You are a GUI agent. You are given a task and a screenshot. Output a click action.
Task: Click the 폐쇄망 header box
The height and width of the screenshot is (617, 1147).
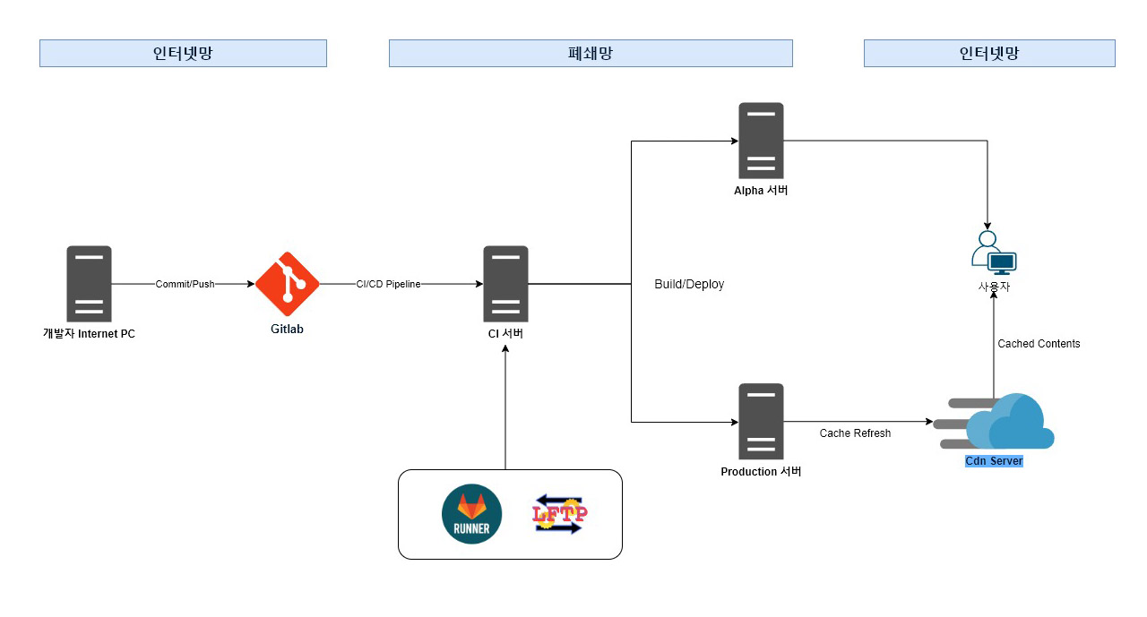591,53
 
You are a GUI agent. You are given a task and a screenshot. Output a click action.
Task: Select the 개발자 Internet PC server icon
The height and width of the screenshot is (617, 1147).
89,284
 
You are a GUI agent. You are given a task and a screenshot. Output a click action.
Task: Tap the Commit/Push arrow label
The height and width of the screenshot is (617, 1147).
185,284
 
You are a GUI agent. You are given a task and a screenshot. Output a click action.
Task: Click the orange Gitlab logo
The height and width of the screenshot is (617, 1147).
287,284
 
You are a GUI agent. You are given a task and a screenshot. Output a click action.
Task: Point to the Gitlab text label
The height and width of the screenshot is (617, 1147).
287,330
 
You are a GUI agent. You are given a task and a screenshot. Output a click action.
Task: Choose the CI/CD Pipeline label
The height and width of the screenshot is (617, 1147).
388,284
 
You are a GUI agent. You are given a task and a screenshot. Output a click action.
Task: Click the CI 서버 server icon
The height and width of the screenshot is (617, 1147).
505,284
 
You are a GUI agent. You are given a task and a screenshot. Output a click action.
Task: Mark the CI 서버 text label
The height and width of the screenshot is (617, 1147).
505,334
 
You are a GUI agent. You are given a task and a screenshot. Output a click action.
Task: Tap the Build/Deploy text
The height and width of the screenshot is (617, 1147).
688,284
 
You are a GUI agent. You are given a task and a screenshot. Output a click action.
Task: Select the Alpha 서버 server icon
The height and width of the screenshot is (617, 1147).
761,141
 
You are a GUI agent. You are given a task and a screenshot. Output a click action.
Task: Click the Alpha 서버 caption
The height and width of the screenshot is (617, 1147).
761,191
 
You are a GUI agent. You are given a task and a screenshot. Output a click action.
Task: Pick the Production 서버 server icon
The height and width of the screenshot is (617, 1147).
761,422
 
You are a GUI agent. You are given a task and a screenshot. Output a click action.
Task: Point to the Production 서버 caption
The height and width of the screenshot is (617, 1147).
761,472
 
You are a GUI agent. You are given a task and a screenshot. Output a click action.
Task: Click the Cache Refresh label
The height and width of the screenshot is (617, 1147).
855,433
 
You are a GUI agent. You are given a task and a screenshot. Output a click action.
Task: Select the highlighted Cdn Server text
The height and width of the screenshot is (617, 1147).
994,461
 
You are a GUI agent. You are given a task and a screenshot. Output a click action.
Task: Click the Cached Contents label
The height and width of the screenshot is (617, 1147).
1039,344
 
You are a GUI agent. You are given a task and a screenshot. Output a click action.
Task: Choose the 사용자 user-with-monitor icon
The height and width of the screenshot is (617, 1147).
993,253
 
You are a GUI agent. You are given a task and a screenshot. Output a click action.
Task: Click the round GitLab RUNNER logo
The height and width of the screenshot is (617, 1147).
471,515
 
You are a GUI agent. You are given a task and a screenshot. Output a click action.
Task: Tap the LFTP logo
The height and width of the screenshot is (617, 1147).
560,515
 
